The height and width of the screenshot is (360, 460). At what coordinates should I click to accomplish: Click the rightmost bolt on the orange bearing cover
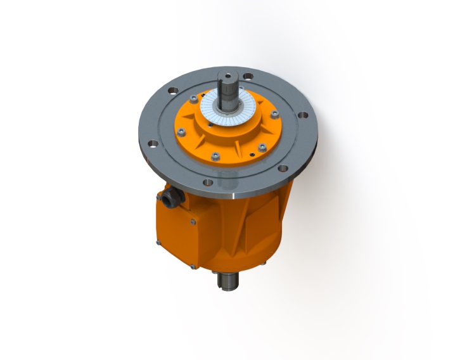coord(274,115)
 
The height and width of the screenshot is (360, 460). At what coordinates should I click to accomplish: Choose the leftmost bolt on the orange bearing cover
coord(181,131)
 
